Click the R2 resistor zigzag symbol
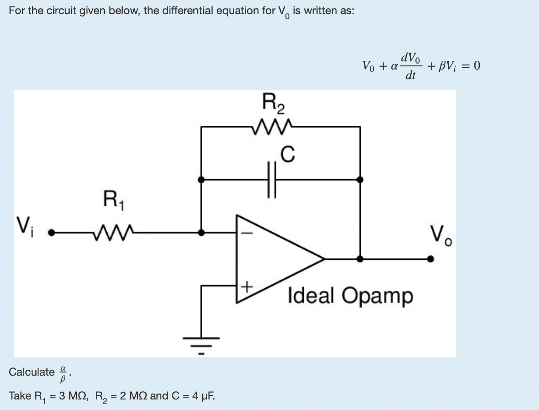(272, 127)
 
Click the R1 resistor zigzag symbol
(113, 232)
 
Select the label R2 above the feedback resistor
(273, 103)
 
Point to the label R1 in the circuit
(114, 200)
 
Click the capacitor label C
(287, 154)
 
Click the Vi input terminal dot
(51, 232)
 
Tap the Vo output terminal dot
(430, 259)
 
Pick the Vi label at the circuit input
(25, 227)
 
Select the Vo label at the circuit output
(441, 235)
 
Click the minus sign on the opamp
(247, 233)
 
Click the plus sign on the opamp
(247, 286)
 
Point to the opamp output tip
(324, 259)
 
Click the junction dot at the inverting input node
(201, 232)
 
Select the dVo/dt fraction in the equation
(410, 66)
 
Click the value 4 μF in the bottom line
(203, 396)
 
